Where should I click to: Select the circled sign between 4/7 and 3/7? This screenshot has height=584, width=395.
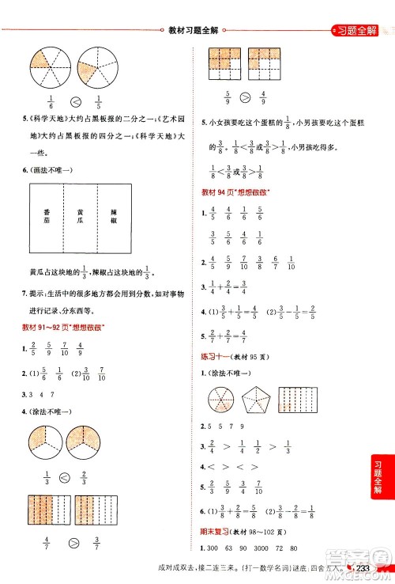(76, 544)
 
